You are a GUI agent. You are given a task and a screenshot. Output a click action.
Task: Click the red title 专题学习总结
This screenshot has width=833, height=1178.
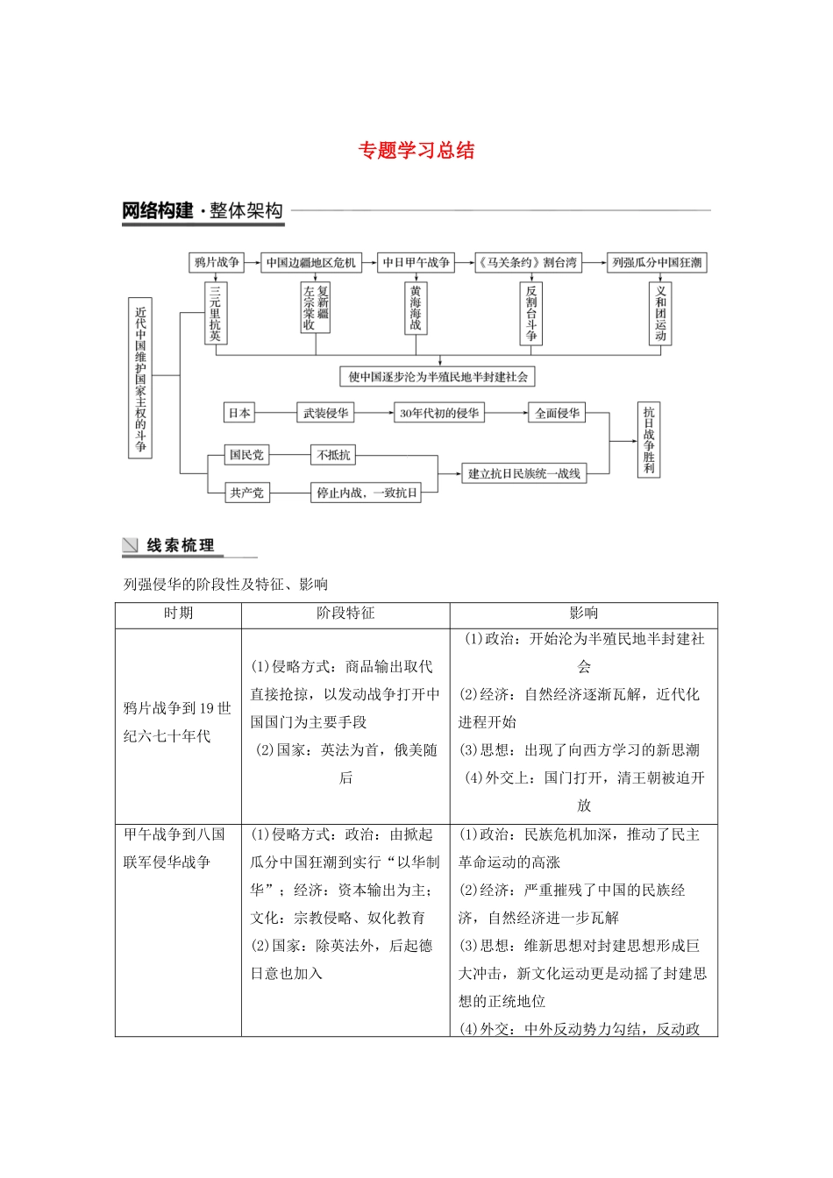(416, 151)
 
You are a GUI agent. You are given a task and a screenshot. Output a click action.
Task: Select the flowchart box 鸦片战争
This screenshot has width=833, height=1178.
(217, 262)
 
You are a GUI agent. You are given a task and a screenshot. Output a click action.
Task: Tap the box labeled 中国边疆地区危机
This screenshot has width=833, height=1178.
(311, 262)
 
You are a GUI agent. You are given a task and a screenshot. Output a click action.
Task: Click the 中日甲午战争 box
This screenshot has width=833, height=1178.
(416, 262)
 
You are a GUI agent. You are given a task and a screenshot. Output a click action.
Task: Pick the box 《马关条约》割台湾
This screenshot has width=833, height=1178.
(528, 262)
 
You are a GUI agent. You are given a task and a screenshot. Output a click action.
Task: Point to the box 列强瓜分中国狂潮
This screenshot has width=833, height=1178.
(657, 262)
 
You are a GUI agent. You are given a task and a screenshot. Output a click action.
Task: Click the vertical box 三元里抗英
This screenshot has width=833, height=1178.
(216, 313)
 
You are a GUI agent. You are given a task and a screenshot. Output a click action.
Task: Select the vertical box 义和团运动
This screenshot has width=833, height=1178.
(660, 313)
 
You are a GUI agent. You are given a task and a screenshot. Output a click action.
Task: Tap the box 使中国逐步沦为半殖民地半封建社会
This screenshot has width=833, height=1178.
(438, 377)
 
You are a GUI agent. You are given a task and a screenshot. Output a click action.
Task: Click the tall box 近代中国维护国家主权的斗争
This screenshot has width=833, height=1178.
(140, 378)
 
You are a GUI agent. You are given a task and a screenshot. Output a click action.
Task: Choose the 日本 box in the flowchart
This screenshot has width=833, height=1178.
(239, 413)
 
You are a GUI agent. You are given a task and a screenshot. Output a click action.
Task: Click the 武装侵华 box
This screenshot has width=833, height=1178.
(325, 413)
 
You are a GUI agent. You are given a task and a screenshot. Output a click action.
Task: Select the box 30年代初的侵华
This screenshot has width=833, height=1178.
(439, 413)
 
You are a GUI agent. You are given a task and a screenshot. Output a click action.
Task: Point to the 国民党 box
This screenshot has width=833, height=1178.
(246, 455)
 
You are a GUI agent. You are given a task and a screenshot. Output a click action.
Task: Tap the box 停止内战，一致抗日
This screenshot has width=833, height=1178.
(367, 493)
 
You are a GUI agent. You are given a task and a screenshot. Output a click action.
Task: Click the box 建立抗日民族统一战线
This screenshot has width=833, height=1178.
(524, 473)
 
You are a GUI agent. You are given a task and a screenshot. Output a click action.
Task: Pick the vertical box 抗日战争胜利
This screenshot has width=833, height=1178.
(649, 440)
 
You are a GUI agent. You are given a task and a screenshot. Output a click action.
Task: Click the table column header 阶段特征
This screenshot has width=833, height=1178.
(345, 614)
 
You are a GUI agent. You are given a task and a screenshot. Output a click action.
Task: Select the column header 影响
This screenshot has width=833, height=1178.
(583, 614)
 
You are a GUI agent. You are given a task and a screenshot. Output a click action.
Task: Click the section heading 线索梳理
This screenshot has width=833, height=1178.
(180, 545)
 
